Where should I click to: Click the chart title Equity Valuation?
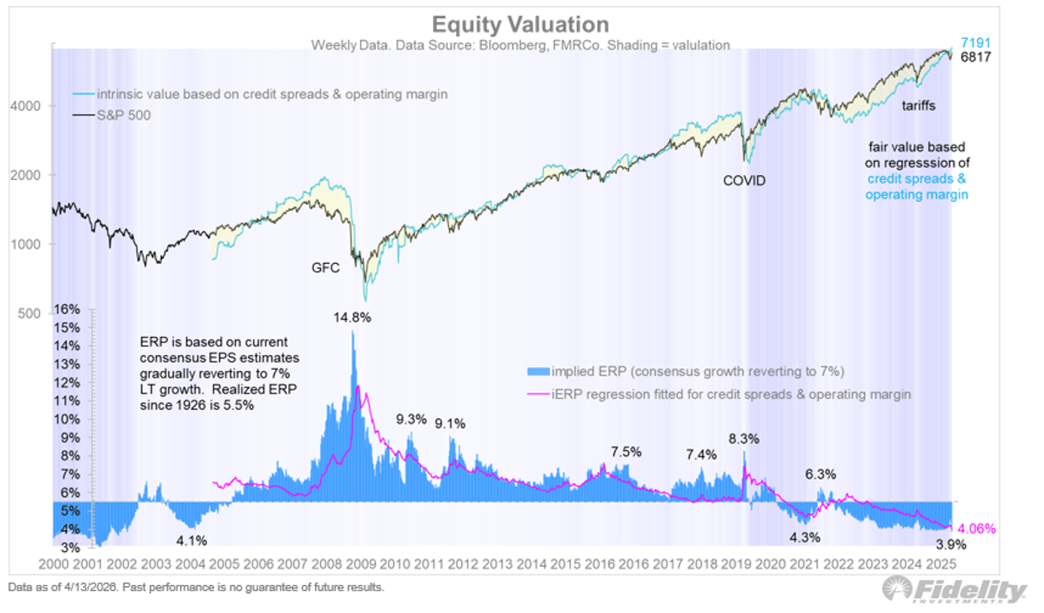click(521, 24)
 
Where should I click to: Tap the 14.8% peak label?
click(351, 318)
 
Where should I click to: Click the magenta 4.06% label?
click(976, 529)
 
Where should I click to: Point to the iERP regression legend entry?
click(731, 394)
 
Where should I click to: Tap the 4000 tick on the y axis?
click(31, 105)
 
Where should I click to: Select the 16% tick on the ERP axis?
click(67, 310)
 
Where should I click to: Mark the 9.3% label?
click(411, 419)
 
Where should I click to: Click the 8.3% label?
click(743, 440)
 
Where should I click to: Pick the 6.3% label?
click(820, 475)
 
